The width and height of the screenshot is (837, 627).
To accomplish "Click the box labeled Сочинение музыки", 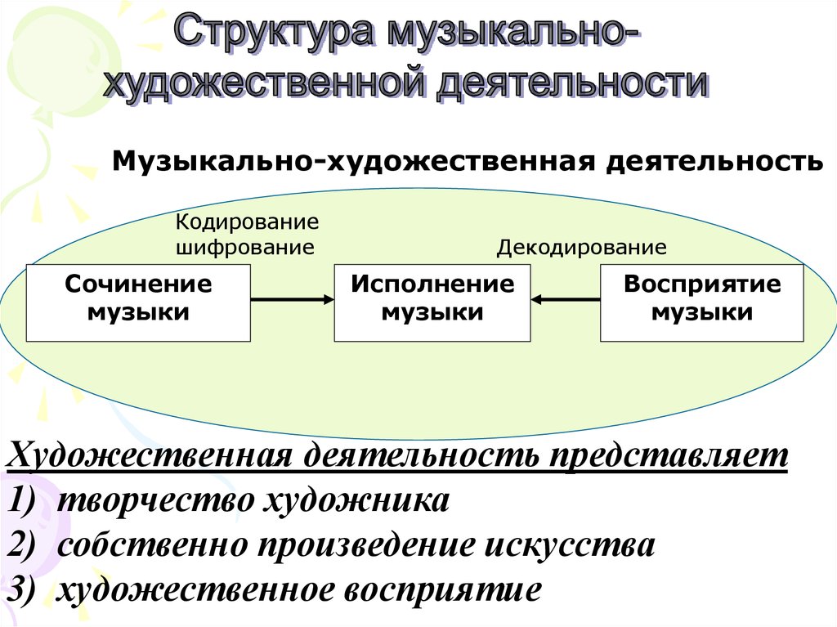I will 138,302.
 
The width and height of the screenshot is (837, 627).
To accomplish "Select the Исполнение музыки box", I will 432,302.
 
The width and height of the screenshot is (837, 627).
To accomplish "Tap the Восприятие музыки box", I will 701,302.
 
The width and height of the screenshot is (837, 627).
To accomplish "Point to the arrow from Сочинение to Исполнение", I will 292,300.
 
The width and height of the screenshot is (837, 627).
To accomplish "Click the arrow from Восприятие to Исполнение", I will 565,300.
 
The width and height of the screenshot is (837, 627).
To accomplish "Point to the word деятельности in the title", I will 571,83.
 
